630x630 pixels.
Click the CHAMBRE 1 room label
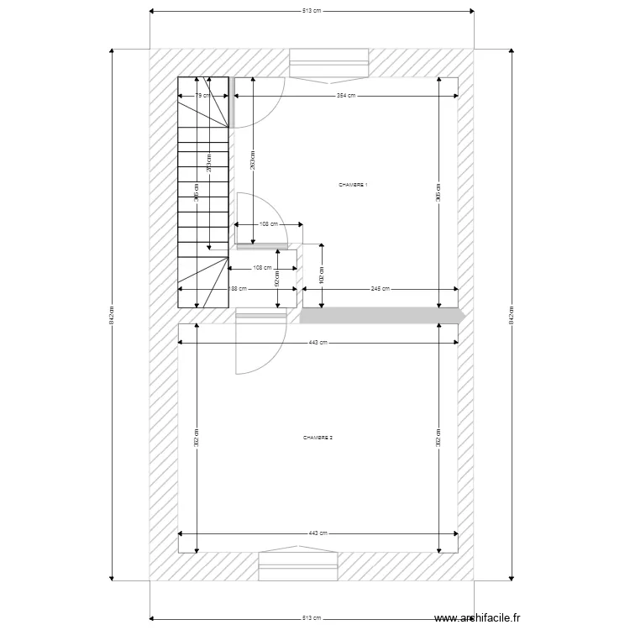[353, 185]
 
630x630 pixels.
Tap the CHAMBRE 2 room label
[318, 438]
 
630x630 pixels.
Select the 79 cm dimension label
[202, 96]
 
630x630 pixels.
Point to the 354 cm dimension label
[345, 96]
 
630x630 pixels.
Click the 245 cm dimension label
[381, 288]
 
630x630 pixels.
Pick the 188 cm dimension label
[238, 288]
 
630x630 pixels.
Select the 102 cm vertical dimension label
[322, 275]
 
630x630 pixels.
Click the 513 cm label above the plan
[312, 11]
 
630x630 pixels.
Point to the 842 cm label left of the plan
[112, 315]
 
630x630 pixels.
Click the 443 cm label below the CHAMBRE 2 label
[318, 533]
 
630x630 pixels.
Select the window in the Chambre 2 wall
[298, 564]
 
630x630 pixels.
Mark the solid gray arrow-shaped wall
[382, 315]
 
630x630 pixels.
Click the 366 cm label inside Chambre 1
[438, 193]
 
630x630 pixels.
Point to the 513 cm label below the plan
[312, 617]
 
